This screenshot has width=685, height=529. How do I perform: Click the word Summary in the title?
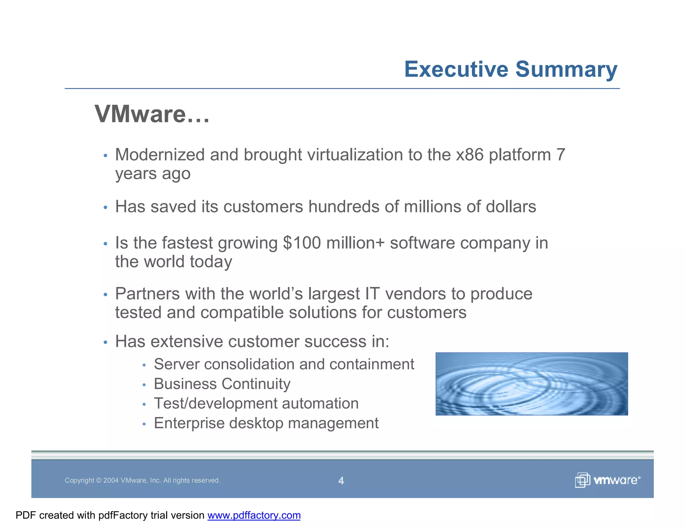click(x=566, y=69)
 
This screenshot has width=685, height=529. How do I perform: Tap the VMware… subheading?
click(x=152, y=114)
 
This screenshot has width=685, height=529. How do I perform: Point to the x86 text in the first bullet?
click(x=470, y=155)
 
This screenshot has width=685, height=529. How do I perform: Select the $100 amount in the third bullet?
click(x=302, y=243)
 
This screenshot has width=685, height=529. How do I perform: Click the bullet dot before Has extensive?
click(x=105, y=342)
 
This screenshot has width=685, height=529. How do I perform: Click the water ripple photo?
click(x=531, y=384)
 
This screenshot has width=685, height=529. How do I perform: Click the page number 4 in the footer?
click(x=341, y=481)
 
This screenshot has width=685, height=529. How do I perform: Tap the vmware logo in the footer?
click(x=607, y=480)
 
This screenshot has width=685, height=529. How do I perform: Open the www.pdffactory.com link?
click(x=254, y=515)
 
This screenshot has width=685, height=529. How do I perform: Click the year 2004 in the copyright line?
click(x=111, y=481)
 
